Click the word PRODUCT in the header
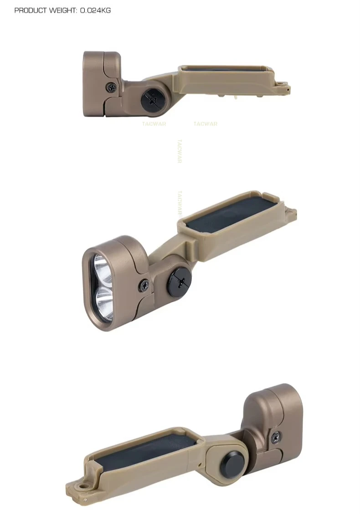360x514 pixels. coord(31,10)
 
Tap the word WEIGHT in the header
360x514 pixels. coord(63,10)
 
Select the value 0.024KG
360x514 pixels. coord(96,10)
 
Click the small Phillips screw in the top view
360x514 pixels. coord(112,87)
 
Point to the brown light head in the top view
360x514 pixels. coord(102,84)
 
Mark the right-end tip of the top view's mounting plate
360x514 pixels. coord(289,88)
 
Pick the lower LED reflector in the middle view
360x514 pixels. coord(105,303)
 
